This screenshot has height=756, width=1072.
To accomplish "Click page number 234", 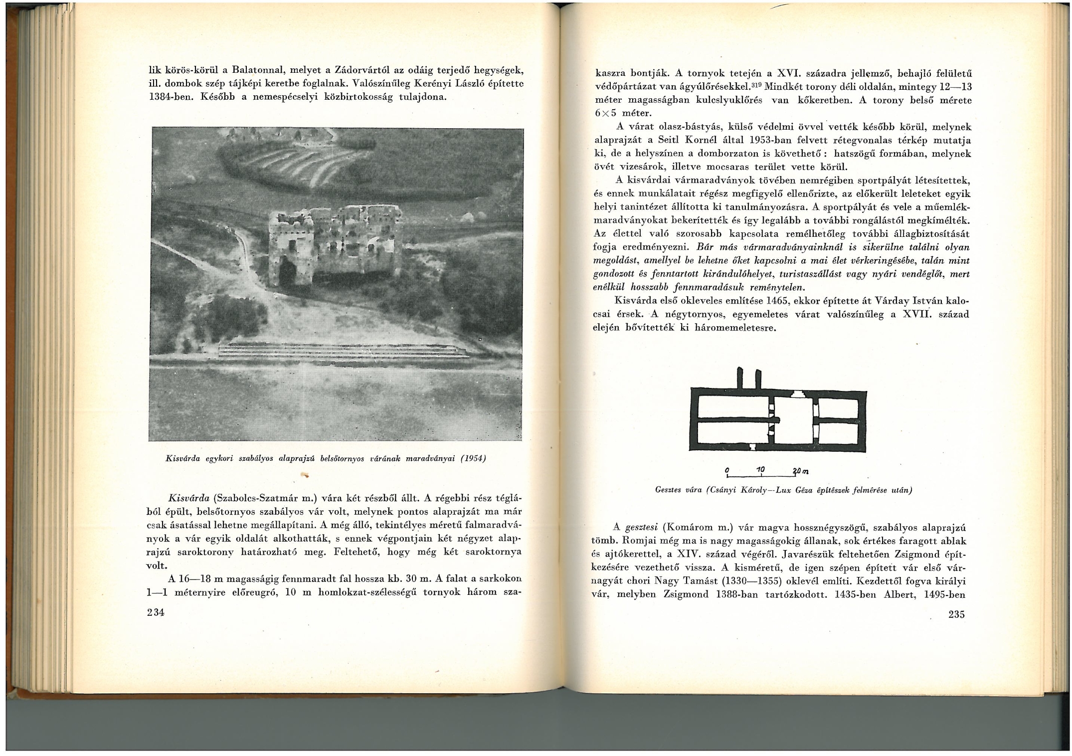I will (x=156, y=612).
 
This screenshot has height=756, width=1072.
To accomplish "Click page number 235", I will (x=956, y=614).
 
